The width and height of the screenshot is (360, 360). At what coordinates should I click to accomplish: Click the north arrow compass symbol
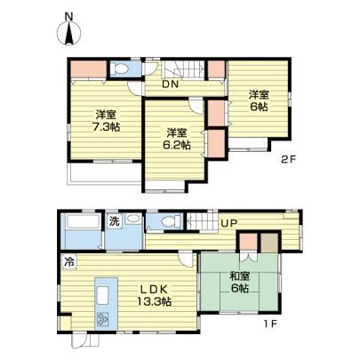click(x=69, y=34)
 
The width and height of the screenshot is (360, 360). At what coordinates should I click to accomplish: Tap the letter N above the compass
click(x=69, y=17)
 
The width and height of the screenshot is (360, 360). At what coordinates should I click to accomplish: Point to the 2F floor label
click(x=288, y=160)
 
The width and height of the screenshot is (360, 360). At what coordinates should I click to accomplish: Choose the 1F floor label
click(x=271, y=324)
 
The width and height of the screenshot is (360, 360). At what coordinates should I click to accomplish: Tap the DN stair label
click(x=170, y=84)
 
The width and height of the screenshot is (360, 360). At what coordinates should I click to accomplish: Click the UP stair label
click(x=229, y=223)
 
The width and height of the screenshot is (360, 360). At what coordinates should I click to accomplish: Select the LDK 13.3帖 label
click(x=154, y=295)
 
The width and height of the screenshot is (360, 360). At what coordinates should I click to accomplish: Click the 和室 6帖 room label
click(x=240, y=282)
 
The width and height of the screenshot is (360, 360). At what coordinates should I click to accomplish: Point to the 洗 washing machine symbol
click(x=115, y=221)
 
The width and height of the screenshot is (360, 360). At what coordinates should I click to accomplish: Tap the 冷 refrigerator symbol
click(x=69, y=261)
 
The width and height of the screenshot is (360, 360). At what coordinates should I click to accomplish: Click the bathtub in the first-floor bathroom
click(x=83, y=221)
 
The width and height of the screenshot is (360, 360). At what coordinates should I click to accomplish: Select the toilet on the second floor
click(x=121, y=69)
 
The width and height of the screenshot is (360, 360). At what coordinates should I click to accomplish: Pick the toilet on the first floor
click(x=168, y=221)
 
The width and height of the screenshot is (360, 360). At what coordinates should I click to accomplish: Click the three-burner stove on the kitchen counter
click(x=103, y=319)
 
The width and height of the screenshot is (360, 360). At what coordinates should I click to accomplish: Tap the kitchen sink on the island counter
click(x=103, y=295)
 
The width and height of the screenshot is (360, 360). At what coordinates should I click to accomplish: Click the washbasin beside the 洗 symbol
click(x=133, y=220)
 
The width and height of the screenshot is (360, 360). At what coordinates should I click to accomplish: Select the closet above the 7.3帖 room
click(x=88, y=69)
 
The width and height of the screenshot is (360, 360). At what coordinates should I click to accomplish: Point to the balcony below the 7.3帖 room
click(x=105, y=173)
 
